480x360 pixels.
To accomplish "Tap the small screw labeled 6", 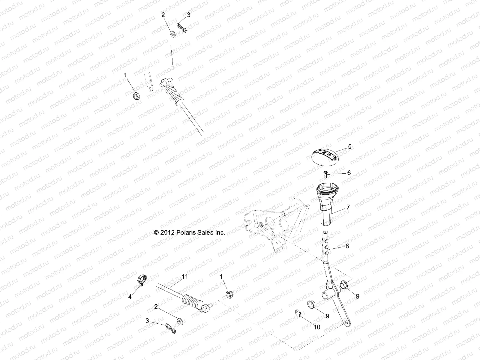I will (x=326, y=173).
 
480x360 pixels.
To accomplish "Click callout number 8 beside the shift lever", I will (x=347, y=246).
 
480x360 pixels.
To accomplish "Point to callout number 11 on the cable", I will (x=185, y=277).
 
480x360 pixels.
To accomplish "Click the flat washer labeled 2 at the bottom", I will (x=181, y=322).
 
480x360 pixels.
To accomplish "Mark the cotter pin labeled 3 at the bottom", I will (x=170, y=328).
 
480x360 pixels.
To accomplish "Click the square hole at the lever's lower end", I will (x=347, y=322).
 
